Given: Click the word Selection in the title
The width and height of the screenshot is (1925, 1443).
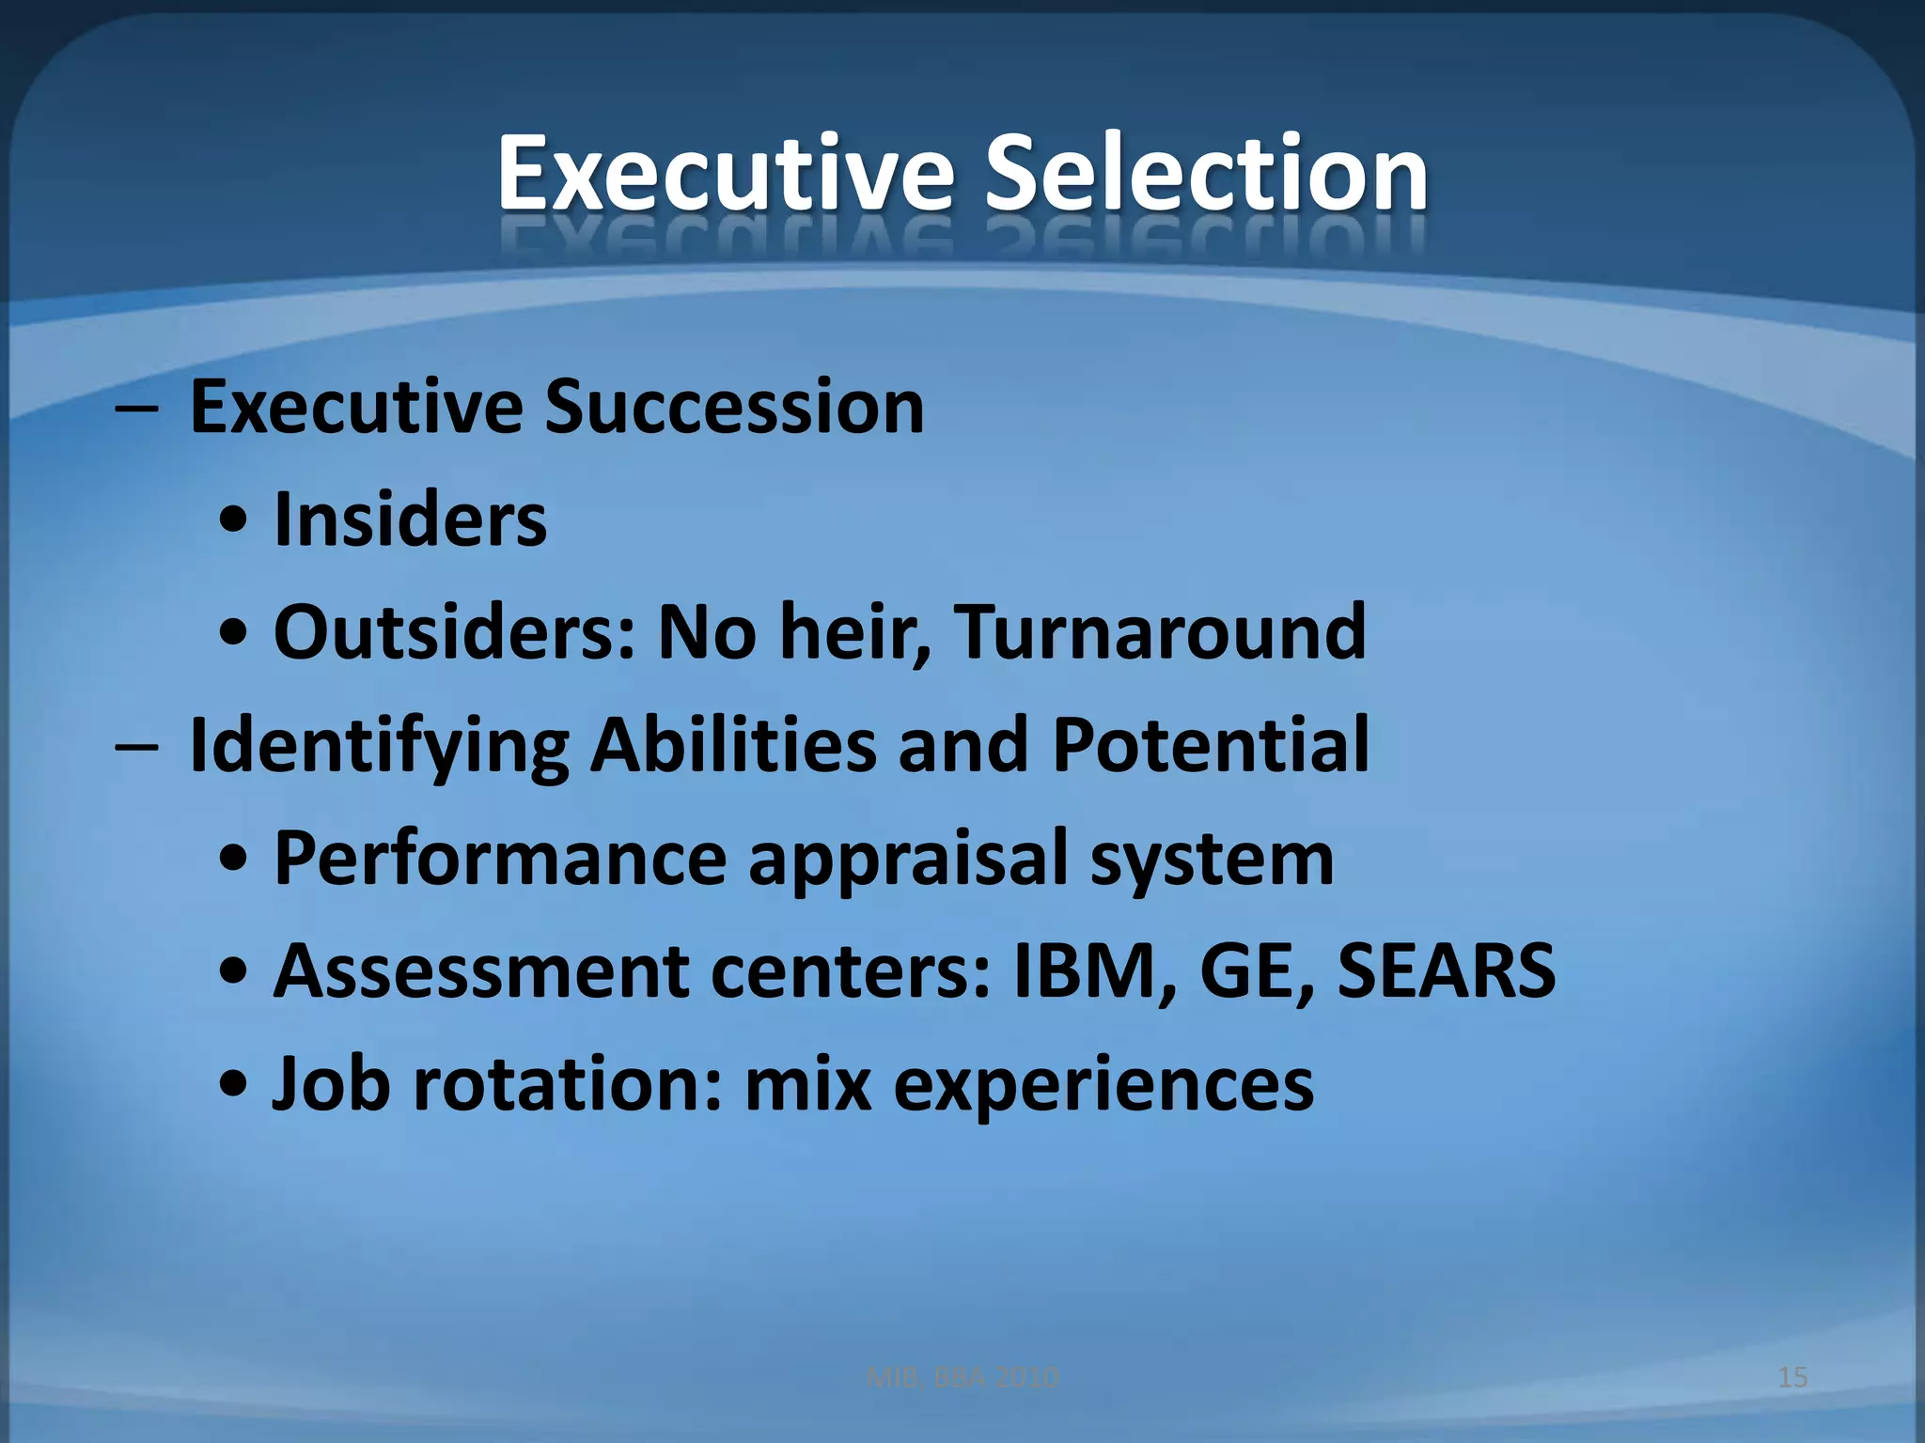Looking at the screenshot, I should pyautogui.click(x=1206, y=174).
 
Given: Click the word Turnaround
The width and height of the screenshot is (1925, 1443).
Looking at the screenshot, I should pyautogui.click(x=1160, y=632).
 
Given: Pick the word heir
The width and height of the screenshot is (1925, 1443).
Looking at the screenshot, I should pyautogui.click(x=852, y=632).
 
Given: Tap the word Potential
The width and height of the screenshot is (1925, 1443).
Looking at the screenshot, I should pyautogui.click(x=1211, y=745).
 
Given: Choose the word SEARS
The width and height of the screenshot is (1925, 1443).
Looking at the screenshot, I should pyautogui.click(x=1447, y=970).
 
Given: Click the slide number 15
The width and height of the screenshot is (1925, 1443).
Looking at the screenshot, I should pyautogui.click(x=1792, y=1377).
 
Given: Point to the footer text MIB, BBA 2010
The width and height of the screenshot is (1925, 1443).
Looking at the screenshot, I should pyautogui.click(x=962, y=1377).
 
